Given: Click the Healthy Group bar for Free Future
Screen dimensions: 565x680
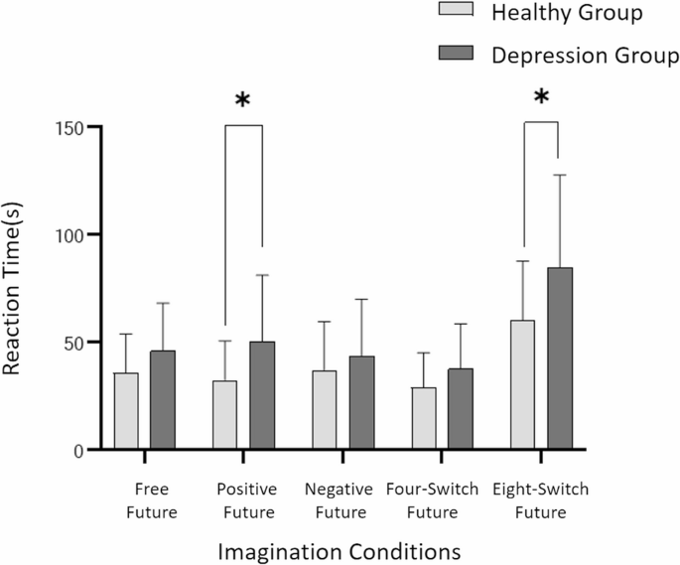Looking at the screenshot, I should (126, 411).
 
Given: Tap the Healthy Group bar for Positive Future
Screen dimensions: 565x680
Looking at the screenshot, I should (225, 415).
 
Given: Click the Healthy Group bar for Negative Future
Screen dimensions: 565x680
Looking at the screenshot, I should (324, 410).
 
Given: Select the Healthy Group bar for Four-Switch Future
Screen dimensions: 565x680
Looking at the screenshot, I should (424, 418).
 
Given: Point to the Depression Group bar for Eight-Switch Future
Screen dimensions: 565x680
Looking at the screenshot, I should (559, 358).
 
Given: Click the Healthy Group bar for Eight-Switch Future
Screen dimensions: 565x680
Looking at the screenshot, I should (522, 385).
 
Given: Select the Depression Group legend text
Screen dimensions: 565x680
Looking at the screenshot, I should (585, 56).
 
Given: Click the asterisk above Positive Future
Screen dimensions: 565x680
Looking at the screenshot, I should (243, 101).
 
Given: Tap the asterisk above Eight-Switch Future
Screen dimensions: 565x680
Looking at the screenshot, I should (541, 98).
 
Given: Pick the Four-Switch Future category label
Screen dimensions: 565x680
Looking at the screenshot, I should (443, 500).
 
